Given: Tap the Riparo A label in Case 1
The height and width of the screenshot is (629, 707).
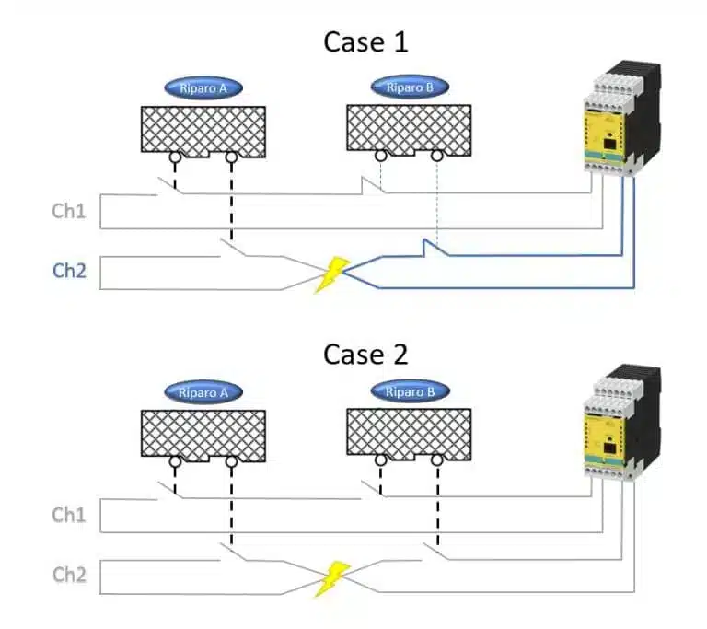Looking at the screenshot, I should [203, 88].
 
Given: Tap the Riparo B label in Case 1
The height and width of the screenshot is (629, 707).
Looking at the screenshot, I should [410, 88].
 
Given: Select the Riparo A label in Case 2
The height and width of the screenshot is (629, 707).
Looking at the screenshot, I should [203, 392].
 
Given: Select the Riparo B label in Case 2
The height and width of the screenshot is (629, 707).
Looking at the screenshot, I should [410, 392].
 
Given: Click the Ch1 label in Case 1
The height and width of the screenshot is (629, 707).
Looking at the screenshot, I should [69, 212].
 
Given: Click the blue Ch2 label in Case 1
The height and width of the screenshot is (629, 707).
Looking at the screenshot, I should [69, 271].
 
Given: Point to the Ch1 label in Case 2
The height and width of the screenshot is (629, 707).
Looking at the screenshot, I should [69, 515].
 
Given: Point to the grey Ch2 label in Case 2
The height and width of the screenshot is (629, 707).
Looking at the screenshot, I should [69, 575].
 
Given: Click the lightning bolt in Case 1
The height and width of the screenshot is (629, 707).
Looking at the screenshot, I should [331, 274].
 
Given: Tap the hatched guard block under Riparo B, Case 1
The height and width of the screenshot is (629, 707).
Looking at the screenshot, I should [410, 127].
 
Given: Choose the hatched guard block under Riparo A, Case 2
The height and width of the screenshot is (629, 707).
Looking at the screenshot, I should [203, 433].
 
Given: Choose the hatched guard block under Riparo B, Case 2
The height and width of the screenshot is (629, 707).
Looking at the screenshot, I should [410, 433].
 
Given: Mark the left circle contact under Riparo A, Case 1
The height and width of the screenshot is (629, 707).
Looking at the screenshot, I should [173, 158].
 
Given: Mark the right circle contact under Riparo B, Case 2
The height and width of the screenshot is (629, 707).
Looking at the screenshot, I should [437, 461].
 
